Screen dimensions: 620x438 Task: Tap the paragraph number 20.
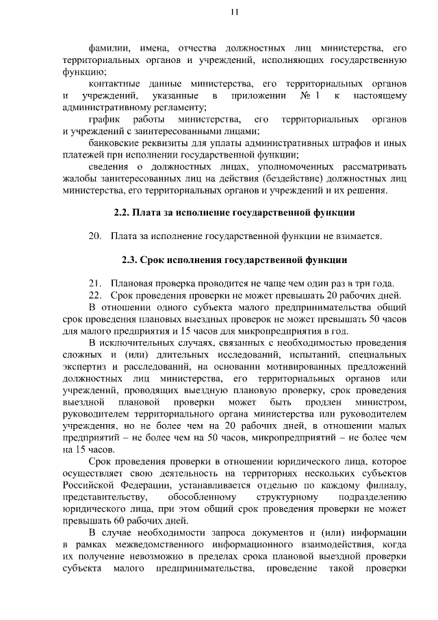pyautogui.click(x=95, y=236)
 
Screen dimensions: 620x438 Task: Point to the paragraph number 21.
pyautogui.click(x=95, y=284)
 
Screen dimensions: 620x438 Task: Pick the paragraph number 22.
pyautogui.click(x=95, y=295)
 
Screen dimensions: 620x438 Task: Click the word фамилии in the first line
pyautogui.click(x=108, y=48)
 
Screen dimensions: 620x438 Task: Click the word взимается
pyautogui.click(x=356, y=236)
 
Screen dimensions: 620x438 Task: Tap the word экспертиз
pyautogui.click(x=84, y=367)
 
